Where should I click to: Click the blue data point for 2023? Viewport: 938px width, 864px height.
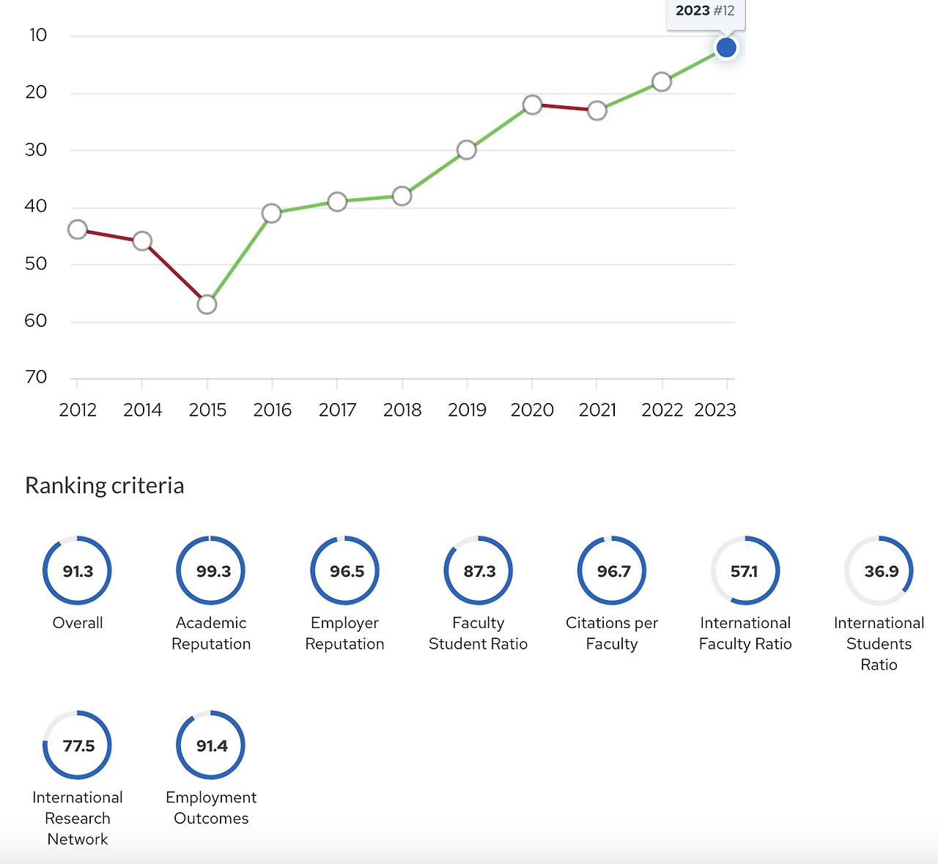pyautogui.click(x=725, y=48)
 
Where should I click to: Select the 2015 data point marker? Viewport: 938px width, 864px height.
pyautogui.click(x=207, y=304)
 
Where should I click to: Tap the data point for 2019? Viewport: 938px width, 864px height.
pyautogui.click(x=467, y=150)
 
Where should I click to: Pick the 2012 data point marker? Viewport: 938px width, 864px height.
pyautogui.click(x=78, y=230)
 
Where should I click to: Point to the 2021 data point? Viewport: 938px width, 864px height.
pyautogui.click(x=597, y=111)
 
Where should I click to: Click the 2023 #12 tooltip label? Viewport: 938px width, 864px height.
pyautogui.click(x=705, y=11)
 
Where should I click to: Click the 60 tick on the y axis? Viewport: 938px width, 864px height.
pyautogui.click(x=36, y=321)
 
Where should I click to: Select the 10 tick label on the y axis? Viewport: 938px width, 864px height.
pyautogui.click(x=37, y=35)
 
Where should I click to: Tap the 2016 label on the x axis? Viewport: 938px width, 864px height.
pyautogui.click(x=272, y=410)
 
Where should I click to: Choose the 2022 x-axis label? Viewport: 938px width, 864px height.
pyautogui.click(x=662, y=410)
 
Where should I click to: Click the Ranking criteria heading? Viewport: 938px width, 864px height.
pyautogui.click(x=105, y=486)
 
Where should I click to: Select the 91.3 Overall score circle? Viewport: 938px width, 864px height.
pyautogui.click(x=78, y=571)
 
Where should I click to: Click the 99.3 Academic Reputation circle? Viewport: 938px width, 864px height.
pyautogui.click(x=211, y=571)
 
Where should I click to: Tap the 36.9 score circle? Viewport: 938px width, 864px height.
pyautogui.click(x=879, y=571)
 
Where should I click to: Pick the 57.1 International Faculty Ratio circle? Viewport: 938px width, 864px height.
pyautogui.click(x=745, y=571)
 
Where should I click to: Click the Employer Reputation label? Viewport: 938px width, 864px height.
pyautogui.click(x=344, y=633)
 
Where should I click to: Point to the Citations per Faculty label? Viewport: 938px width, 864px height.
pyautogui.click(x=612, y=633)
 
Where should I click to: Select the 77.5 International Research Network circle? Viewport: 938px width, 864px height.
pyautogui.click(x=78, y=745)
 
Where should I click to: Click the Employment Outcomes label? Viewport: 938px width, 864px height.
pyautogui.click(x=211, y=808)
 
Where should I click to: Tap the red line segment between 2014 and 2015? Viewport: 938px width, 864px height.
pyautogui.click(x=175, y=273)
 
